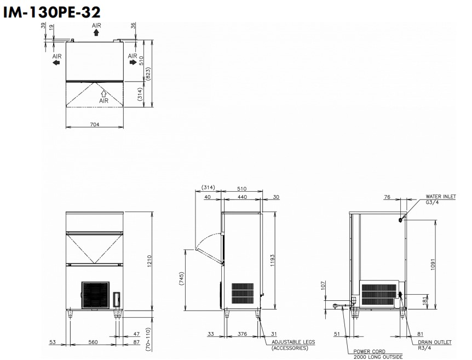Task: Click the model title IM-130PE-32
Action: [51, 13]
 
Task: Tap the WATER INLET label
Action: [441, 197]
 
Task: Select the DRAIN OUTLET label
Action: [435, 342]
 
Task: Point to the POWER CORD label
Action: [370, 352]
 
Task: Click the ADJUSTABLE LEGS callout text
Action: [293, 342]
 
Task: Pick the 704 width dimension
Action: [95, 124]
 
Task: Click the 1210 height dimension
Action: [149, 261]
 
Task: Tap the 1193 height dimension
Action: [273, 261]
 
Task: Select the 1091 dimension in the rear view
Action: [433, 265]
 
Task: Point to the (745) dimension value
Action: [181, 279]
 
